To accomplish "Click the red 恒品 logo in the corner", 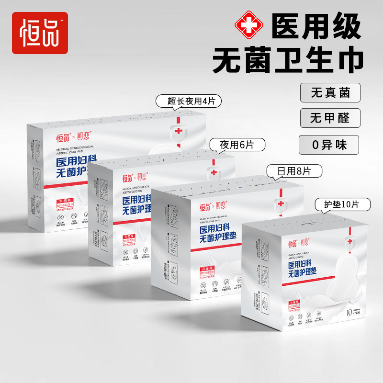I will pos(40,32).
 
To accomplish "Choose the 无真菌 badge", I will pos(330,92).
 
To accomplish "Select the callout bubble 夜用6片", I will pos(238,144).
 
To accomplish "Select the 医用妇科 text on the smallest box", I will pos(304,264).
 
